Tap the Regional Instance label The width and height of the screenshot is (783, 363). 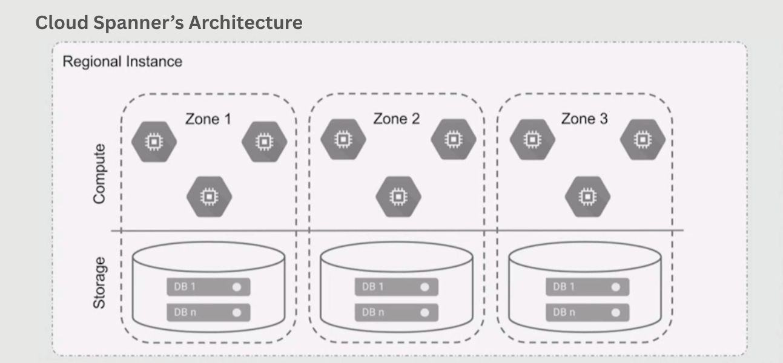pos(122,62)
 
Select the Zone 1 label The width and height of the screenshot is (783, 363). pos(208,119)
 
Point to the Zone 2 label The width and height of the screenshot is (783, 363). pos(397,119)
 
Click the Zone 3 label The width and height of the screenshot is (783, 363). pos(584,119)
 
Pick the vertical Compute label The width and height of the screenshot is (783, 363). pos(99,174)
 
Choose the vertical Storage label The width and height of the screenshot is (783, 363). pos(99,283)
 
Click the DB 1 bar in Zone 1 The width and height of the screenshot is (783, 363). pos(208,286)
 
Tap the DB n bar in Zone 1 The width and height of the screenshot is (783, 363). pos(208,312)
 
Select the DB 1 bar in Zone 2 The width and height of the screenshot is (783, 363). pos(397,287)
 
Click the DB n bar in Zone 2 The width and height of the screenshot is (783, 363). pos(397,312)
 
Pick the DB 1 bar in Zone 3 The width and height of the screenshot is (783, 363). pos(587,287)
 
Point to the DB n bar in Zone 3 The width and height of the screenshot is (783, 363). pos(587,313)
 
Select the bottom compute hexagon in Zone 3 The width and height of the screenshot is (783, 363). pos(587,197)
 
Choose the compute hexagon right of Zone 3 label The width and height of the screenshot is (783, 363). pos(643,140)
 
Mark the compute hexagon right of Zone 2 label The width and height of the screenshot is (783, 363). pos(453,140)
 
